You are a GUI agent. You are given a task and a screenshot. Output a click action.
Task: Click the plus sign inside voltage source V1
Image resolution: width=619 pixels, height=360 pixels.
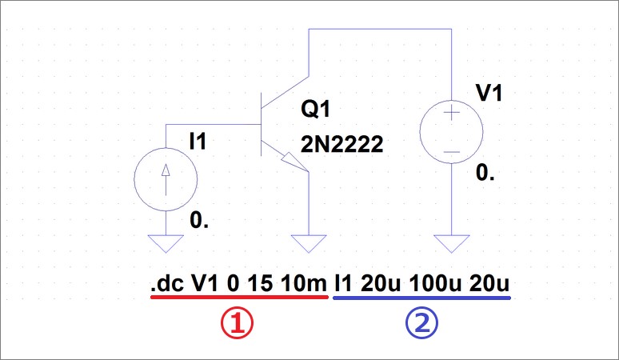point(452,114)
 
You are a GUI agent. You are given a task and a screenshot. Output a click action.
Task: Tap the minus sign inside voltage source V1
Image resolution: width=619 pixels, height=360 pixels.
point(452,150)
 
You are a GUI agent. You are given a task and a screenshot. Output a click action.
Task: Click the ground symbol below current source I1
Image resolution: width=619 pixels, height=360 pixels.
point(165,242)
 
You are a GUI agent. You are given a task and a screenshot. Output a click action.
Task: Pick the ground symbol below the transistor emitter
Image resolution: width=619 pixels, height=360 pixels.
point(309,242)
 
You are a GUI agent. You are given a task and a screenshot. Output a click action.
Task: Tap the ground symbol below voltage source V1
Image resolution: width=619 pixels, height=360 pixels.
point(452,242)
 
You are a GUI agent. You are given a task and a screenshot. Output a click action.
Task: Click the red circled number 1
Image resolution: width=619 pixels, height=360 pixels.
point(238,324)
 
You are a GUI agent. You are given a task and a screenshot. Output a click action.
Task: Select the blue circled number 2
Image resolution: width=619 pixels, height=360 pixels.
point(421,324)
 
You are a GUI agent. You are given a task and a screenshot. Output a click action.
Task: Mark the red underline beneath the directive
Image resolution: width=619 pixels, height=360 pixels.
point(238,297)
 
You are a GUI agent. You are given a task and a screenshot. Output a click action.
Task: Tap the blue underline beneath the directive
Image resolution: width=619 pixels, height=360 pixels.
point(421,297)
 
